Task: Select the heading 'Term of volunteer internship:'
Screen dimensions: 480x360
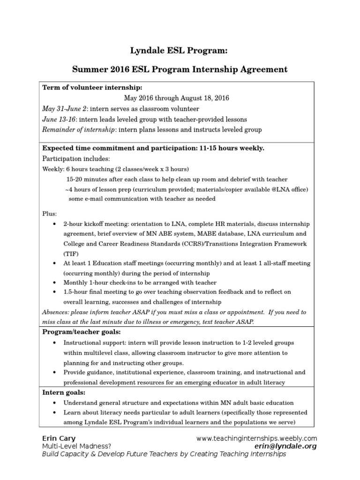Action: [x=92, y=88]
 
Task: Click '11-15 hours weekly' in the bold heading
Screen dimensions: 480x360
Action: [x=232, y=148]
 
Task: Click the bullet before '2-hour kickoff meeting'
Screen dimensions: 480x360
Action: [x=54, y=224]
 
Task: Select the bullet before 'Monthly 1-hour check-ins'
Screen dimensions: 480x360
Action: [x=54, y=283]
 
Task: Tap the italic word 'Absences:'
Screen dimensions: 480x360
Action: [x=55, y=312]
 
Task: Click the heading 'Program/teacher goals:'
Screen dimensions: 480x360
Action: [x=79, y=332]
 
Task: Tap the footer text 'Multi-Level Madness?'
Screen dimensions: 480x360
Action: [x=77, y=446]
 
